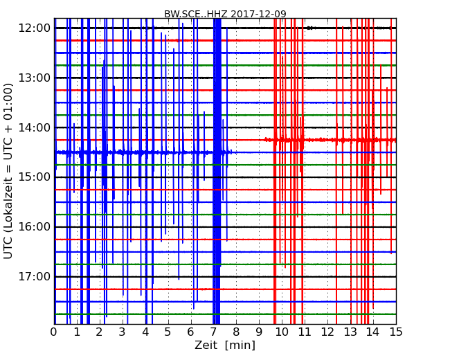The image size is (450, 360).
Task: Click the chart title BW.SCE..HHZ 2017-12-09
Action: [225, 14]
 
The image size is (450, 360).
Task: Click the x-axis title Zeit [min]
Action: [225, 345]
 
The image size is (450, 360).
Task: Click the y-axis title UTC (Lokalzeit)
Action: [9, 170]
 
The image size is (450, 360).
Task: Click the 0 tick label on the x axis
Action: [54, 332]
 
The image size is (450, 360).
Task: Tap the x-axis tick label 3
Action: [123, 332]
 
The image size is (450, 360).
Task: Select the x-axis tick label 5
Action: [168, 332]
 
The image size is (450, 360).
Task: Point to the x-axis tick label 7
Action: [214, 332]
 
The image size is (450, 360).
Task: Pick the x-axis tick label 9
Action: [260, 332]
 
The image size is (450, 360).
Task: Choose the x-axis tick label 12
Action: [327, 332]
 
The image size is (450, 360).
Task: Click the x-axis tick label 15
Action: [396, 332]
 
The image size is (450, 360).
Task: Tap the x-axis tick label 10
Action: [282, 332]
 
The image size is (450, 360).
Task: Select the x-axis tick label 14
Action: [373, 332]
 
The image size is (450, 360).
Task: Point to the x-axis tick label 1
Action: [77, 332]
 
